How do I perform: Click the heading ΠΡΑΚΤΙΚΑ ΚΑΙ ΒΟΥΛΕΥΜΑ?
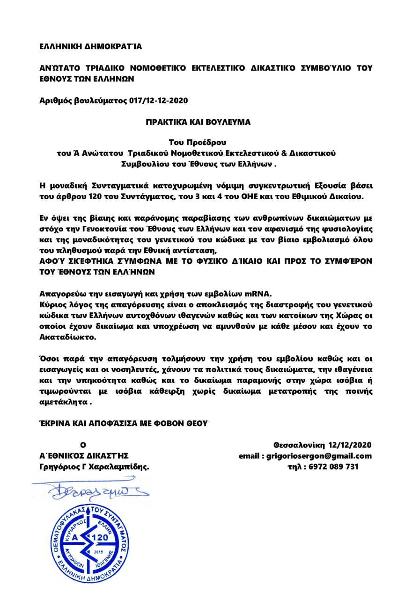click(198, 122)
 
